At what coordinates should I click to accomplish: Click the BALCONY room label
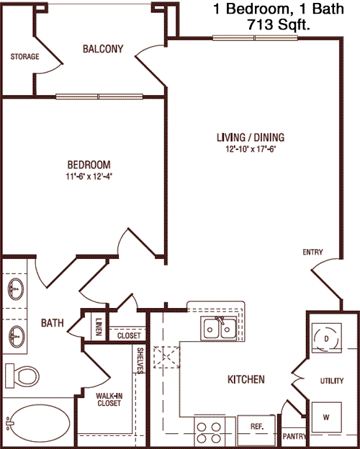click(103, 49)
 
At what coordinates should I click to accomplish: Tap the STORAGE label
click(24, 56)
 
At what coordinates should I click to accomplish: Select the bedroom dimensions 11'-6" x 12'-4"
click(89, 177)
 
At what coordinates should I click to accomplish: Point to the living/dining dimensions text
click(251, 149)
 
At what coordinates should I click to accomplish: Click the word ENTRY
click(312, 252)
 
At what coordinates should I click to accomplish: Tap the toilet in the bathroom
click(22, 375)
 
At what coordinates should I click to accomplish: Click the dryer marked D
click(326, 338)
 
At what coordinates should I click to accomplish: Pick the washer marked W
click(326, 417)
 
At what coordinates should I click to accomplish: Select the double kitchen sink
click(219, 328)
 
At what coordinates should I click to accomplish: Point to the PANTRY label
click(294, 436)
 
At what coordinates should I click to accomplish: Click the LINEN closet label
click(99, 327)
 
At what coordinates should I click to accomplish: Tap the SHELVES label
click(140, 360)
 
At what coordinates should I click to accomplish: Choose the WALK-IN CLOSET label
click(109, 400)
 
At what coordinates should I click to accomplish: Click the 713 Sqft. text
click(279, 24)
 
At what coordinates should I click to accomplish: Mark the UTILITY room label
click(332, 381)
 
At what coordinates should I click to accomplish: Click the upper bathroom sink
click(16, 289)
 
